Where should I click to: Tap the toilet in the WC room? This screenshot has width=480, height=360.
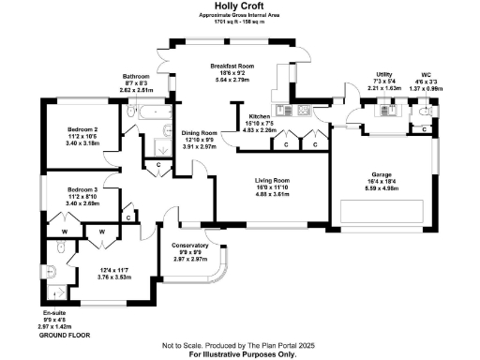[x=427, y=111]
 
